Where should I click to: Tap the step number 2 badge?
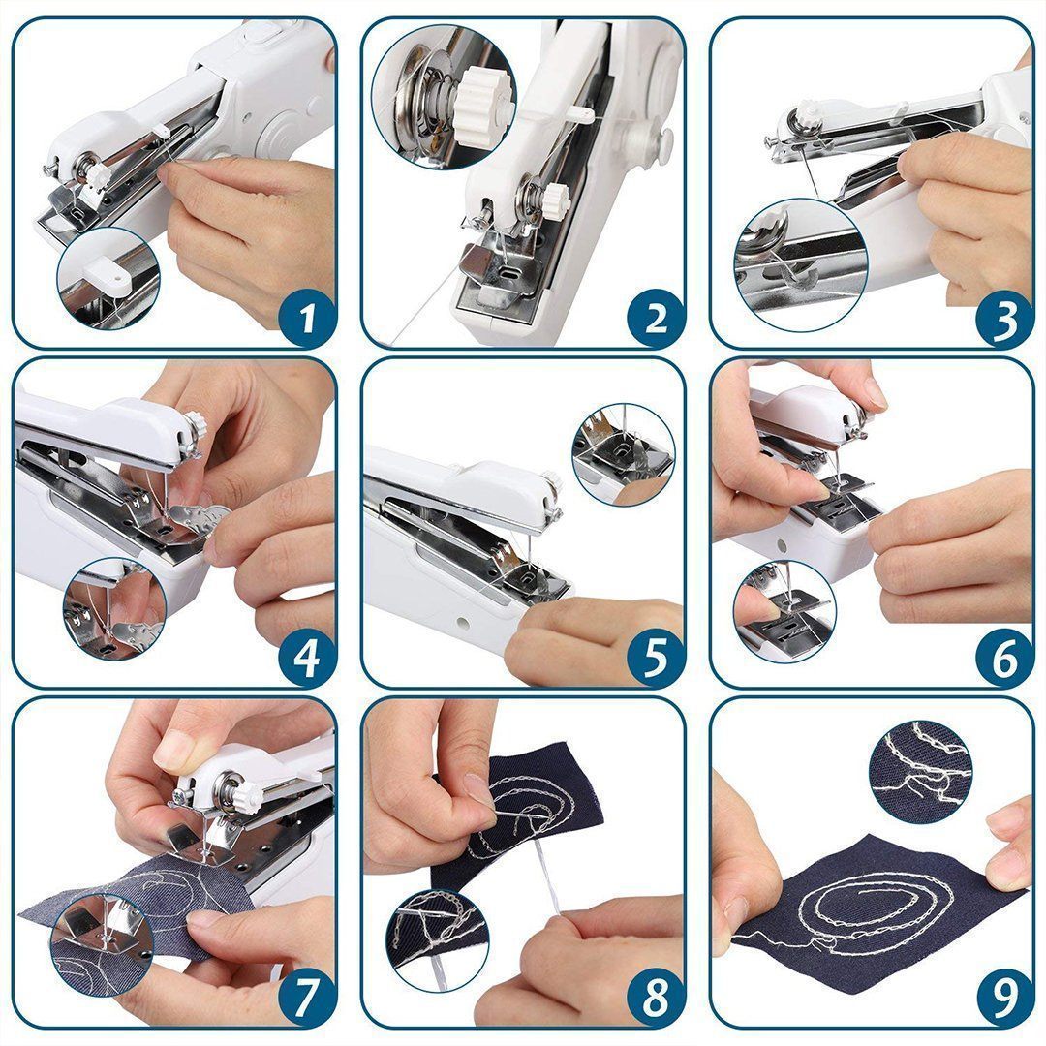point(656,317)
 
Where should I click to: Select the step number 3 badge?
point(1004,317)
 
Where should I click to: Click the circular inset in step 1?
point(107,278)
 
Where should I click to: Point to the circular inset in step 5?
point(623,453)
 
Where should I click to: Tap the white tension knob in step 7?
point(245,796)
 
